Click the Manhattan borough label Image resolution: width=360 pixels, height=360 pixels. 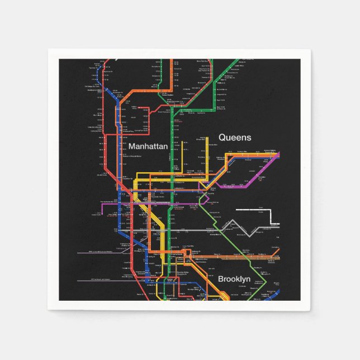click(148, 146)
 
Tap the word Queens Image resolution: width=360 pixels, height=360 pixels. click(235, 137)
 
